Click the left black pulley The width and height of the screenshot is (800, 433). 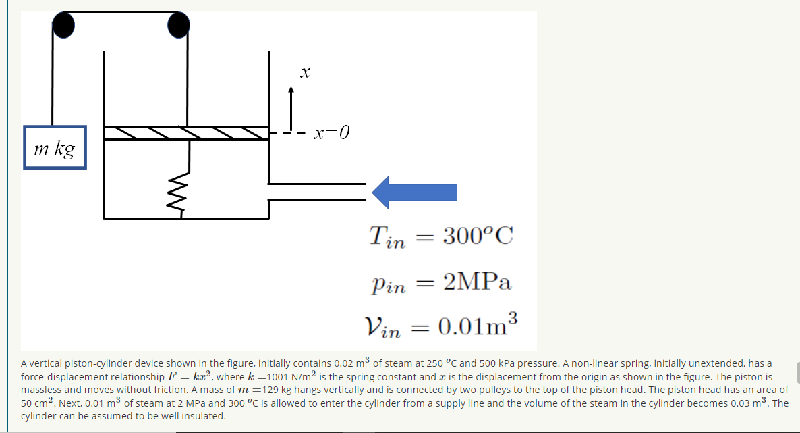click(x=63, y=25)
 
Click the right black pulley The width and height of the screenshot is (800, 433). click(x=178, y=25)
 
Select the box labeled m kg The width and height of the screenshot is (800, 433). click(x=55, y=147)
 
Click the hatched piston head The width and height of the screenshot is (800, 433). click(x=185, y=133)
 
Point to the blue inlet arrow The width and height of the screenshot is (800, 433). click(x=415, y=193)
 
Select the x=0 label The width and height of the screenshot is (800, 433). click(x=331, y=132)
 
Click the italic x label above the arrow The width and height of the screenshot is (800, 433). click(x=305, y=71)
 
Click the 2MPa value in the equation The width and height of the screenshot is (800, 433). click(x=478, y=282)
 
